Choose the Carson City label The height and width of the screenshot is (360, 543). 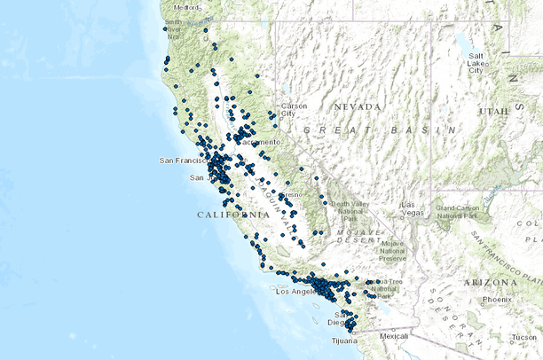[294, 110]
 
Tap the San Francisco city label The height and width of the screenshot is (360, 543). [182, 160]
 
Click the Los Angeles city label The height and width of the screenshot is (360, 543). [296, 291]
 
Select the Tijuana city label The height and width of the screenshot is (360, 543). [342, 340]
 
